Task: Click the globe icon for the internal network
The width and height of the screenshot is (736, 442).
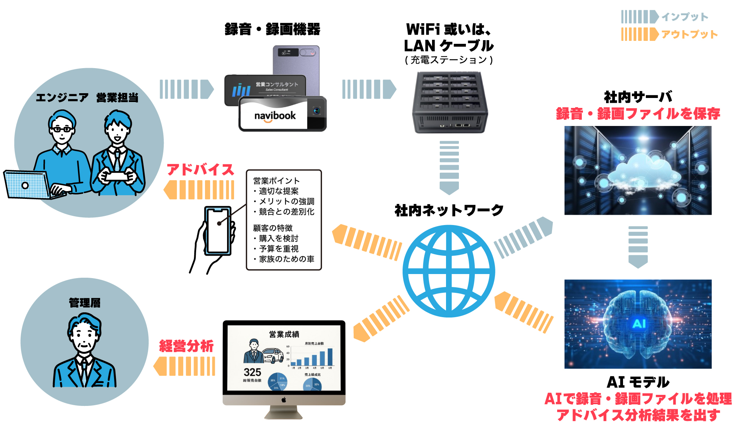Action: pos(449,271)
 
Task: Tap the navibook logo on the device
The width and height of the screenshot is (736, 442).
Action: pos(275,116)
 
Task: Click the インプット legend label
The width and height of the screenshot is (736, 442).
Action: pos(684,17)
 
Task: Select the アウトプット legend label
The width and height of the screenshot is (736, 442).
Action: pos(689,35)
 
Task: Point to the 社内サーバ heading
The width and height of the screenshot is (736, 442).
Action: pos(638,97)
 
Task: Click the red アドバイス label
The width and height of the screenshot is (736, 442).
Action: pos(201,170)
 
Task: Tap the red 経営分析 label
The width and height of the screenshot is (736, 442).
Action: pos(186,346)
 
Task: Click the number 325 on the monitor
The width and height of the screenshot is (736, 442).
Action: pos(252,372)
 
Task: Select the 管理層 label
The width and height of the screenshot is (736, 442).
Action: pos(85,303)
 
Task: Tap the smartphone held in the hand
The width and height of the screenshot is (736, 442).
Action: pos(218,231)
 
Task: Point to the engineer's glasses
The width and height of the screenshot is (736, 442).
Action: pos(61,129)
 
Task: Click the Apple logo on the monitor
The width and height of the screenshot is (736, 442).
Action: pos(284,400)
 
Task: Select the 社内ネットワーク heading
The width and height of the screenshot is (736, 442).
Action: pos(449,210)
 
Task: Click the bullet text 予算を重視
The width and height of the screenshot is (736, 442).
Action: pos(279,249)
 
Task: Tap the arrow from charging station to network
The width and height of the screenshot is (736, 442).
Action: pos(449,167)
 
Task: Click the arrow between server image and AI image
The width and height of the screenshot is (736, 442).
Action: pos(638,247)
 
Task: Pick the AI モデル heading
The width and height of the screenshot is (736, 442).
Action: pos(638,382)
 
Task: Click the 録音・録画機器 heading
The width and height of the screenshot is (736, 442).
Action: pos(272,29)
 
